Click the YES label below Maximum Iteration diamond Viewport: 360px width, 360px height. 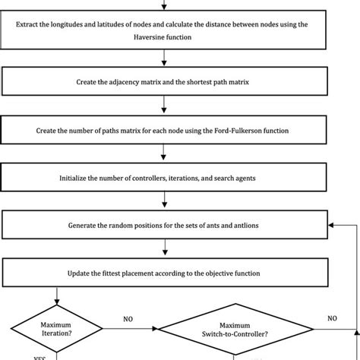39,356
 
